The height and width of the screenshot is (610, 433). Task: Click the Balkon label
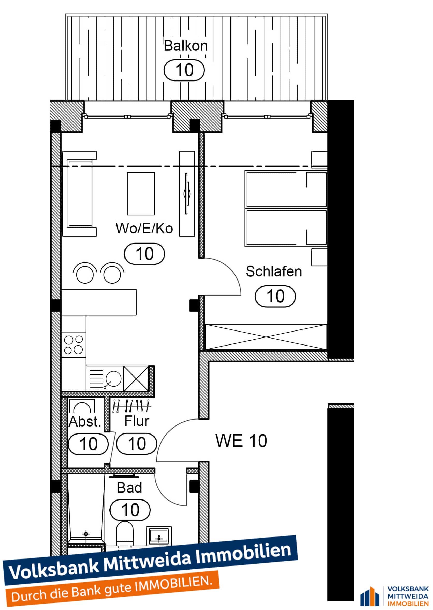(x=186, y=46)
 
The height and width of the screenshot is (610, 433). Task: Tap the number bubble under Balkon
(x=184, y=70)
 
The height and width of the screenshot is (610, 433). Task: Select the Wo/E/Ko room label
(x=144, y=229)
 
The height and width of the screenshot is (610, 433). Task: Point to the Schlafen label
(x=274, y=271)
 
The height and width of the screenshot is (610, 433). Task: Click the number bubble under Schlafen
(x=275, y=296)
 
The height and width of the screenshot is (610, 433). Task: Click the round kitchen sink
(x=114, y=379)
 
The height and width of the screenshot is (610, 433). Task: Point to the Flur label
(x=136, y=421)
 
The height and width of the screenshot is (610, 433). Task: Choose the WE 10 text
(x=241, y=441)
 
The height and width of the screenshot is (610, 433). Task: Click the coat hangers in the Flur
(x=131, y=406)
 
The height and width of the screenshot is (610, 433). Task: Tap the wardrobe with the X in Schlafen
(x=266, y=337)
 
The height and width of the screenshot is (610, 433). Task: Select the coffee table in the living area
(x=141, y=194)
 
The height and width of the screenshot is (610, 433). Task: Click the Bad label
(x=129, y=488)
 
